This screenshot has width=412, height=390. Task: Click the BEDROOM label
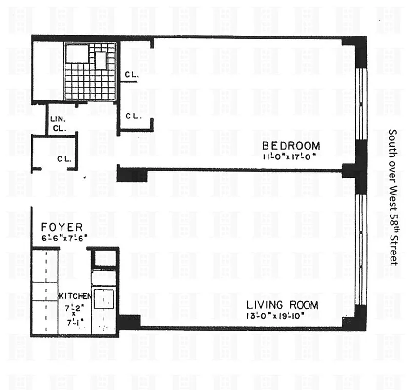291,146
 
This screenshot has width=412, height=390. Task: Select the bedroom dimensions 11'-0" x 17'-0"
291,156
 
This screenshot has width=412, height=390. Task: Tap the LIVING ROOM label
282,306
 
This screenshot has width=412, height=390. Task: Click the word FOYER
62,228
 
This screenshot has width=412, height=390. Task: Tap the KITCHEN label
75,296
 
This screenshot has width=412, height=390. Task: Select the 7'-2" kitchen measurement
74,307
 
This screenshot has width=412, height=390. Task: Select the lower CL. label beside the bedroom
133,116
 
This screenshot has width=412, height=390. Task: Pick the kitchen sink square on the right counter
103,298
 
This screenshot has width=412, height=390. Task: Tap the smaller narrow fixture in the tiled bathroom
101,60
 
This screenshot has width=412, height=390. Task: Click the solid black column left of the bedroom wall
132,174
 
